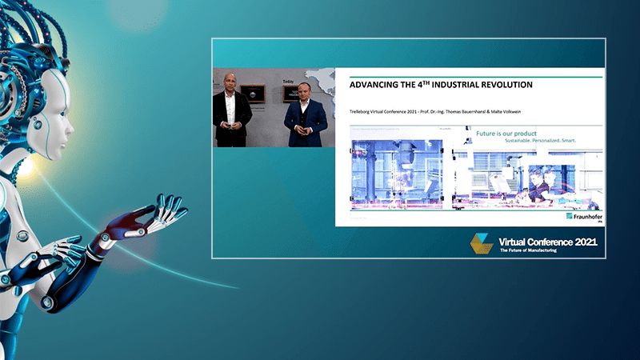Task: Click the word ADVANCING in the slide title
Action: tap(370, 84)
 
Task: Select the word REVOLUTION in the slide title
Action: tap(503, 84)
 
